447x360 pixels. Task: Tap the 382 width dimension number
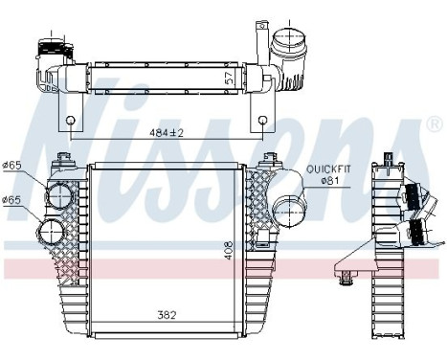168,313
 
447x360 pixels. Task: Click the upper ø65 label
12,167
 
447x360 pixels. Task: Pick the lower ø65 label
12,199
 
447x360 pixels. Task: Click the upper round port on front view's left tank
59,195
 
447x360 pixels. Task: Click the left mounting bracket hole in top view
70,122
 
